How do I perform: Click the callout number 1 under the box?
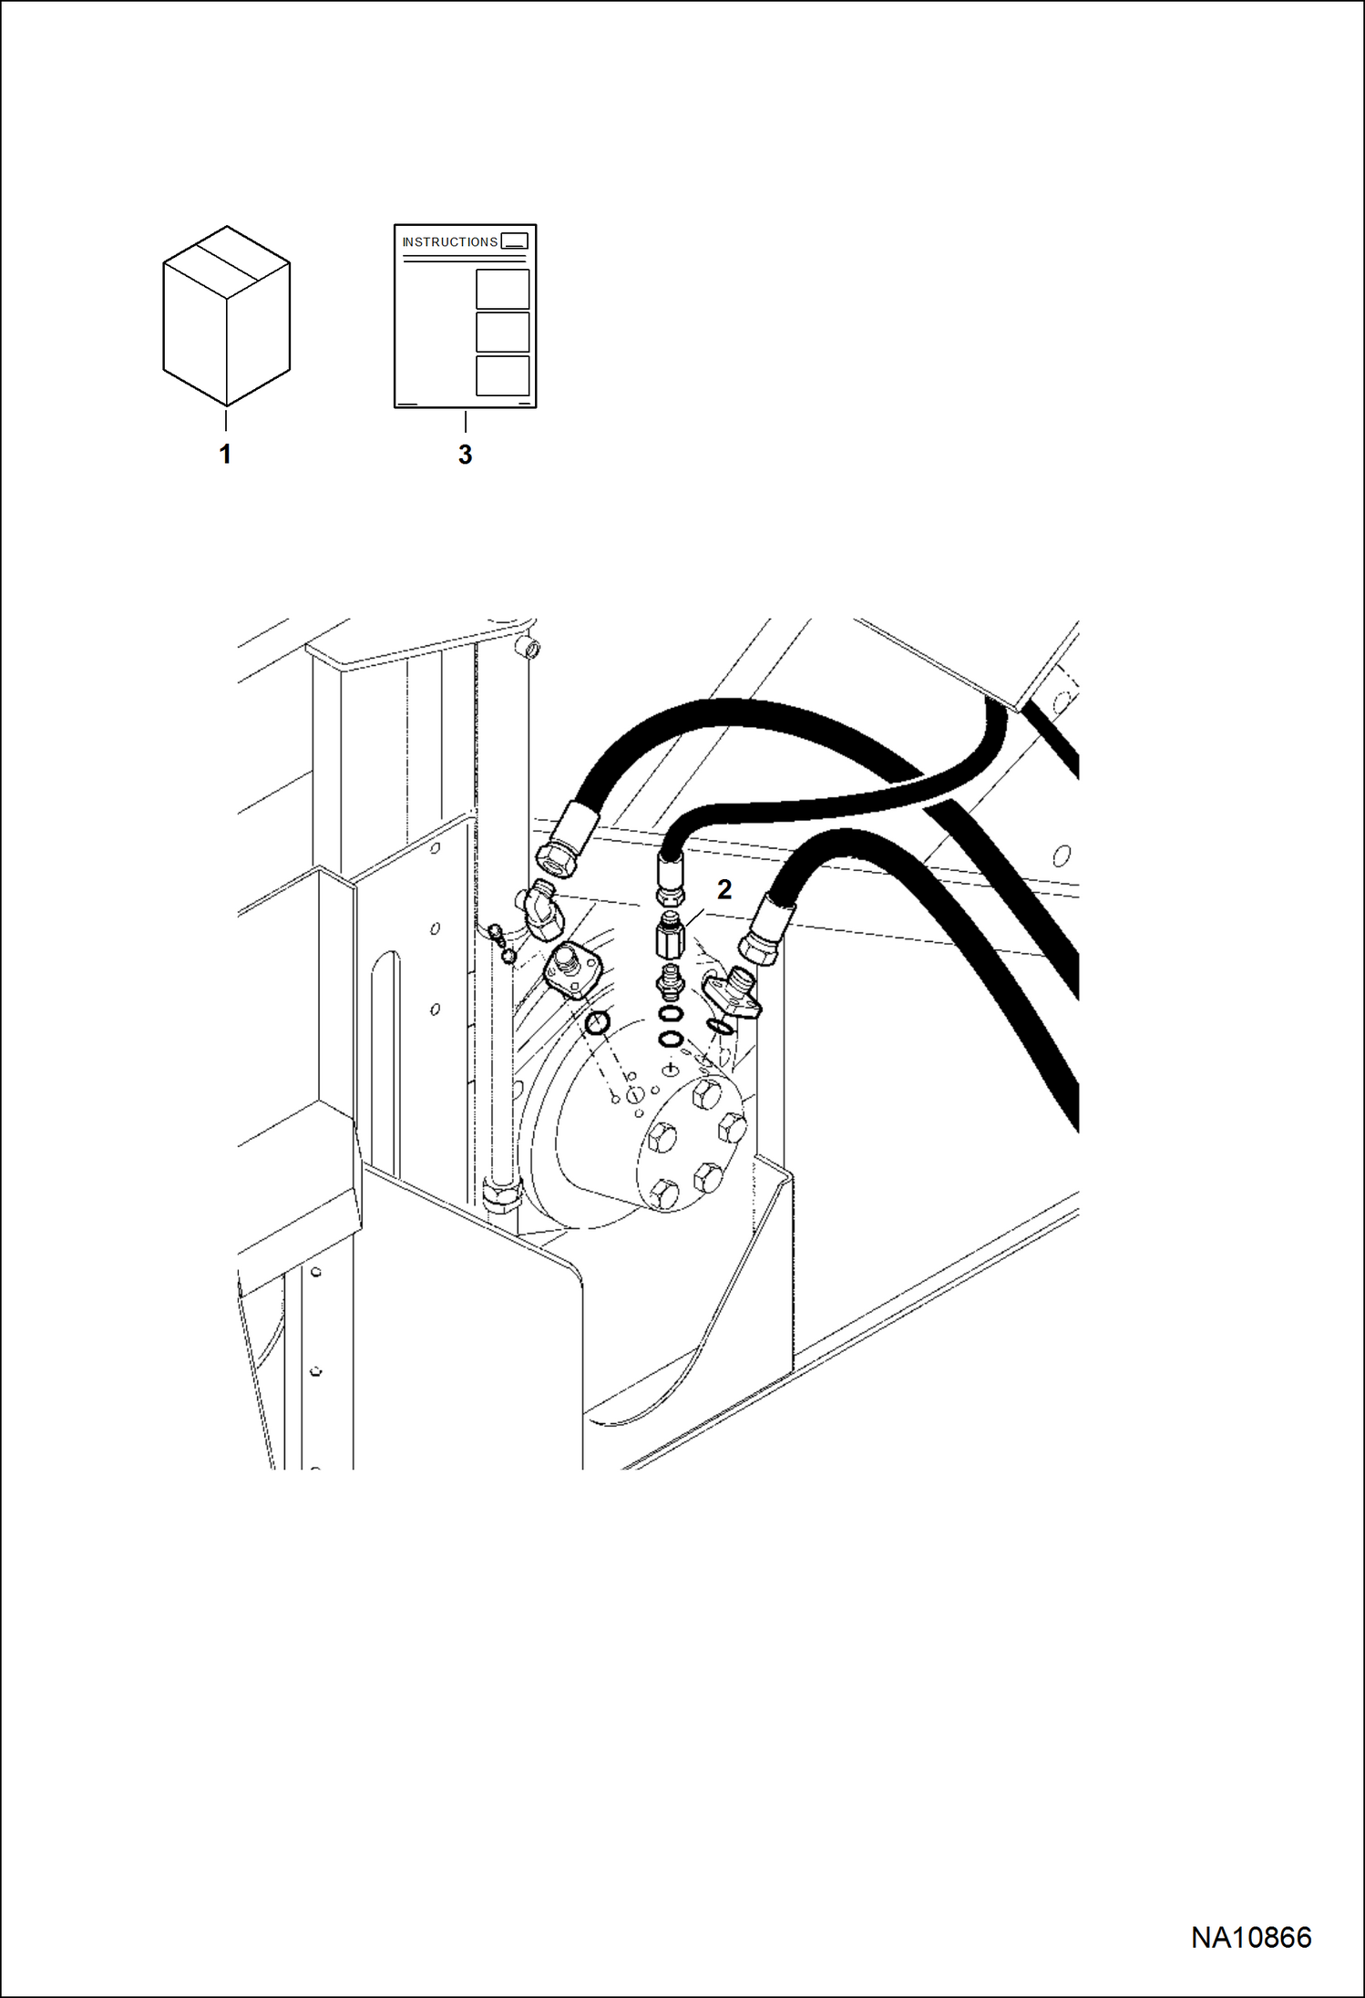[x=225, y=454]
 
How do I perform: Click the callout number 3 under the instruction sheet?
[x=465, y=455]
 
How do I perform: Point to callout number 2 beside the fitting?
[x=724, y=889]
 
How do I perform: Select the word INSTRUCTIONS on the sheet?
[x=450, y=242]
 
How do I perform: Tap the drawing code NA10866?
[x=1251, y=1938]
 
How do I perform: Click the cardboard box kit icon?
[x=226, y=315]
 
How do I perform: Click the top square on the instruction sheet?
[x=502, y=289]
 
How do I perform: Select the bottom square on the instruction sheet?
[x=502, y=375]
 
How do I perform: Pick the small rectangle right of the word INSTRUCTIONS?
[x=514, y=241]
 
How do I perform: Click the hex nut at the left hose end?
[x=556, y=856]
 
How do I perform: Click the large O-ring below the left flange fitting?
[x=598, y=1023]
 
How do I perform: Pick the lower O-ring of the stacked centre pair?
[x=671, y=1039]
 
